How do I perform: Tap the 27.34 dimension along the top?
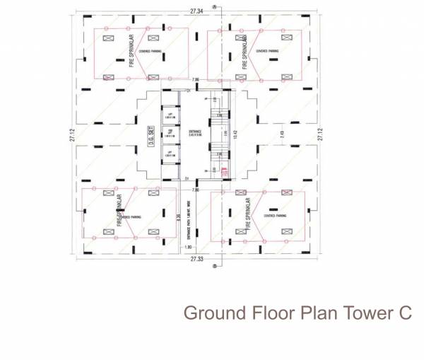pos(196,12)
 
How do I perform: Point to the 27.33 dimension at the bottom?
pos(197,260)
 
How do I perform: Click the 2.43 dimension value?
pos(281,132)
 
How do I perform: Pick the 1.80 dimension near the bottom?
pos(187,247)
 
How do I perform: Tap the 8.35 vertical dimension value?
pos(177,219)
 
